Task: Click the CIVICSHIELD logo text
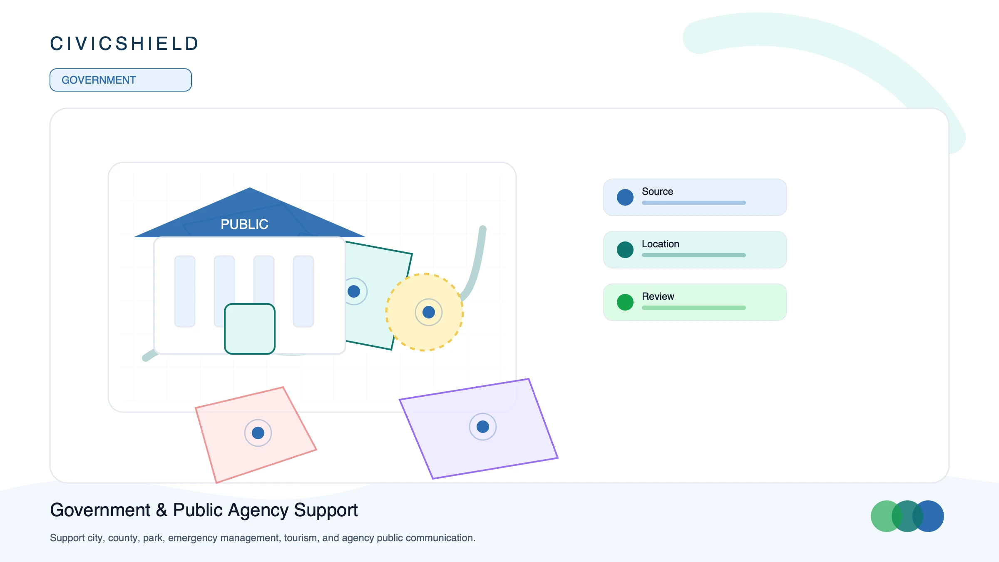click(124, 44)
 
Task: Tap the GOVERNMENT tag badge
click(121, 80)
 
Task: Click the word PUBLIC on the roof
click(244, 224)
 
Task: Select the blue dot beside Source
click(625, 197)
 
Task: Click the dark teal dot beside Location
click(625, 250)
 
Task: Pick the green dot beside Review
click(625, 302)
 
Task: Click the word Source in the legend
click(657, 191)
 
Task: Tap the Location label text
click(661, 244)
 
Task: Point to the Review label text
click(658, 296)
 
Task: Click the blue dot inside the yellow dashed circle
click(429, 312)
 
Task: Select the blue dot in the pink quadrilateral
click(258, 433)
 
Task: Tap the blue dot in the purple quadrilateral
click(483, 427)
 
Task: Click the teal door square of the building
click(250, 329)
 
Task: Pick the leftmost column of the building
click(185, 291)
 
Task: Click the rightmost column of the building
click(303, 291)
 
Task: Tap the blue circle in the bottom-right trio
click(928, 516)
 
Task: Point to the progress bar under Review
click(694, 308)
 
